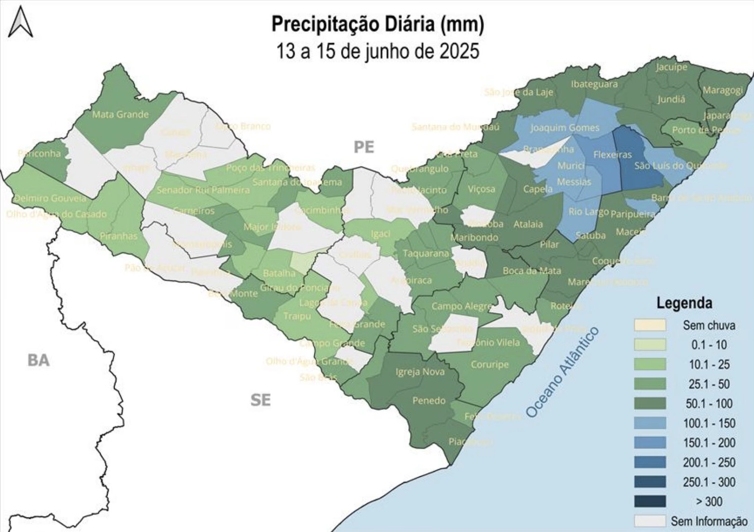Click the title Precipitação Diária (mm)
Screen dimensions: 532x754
pos(377,24)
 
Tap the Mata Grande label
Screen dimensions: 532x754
pos(120,114)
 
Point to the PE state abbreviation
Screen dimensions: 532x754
pos(364,147)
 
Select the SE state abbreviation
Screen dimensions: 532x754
pos(261,400)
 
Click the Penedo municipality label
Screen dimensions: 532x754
pos(428,401)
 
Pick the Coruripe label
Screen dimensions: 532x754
pos(489,364)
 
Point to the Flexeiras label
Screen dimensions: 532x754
pos(612,154)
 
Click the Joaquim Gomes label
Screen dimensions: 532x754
pos(565,128)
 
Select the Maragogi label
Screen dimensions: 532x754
pos(723,90)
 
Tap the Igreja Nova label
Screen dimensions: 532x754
pos(420,372)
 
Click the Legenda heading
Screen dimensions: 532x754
pos(684,303)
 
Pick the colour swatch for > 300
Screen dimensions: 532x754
pos(650,502)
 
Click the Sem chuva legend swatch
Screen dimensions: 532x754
pos(650,325)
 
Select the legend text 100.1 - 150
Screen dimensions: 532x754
pos(709,423)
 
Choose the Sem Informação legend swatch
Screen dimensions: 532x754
pos(650,521)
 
